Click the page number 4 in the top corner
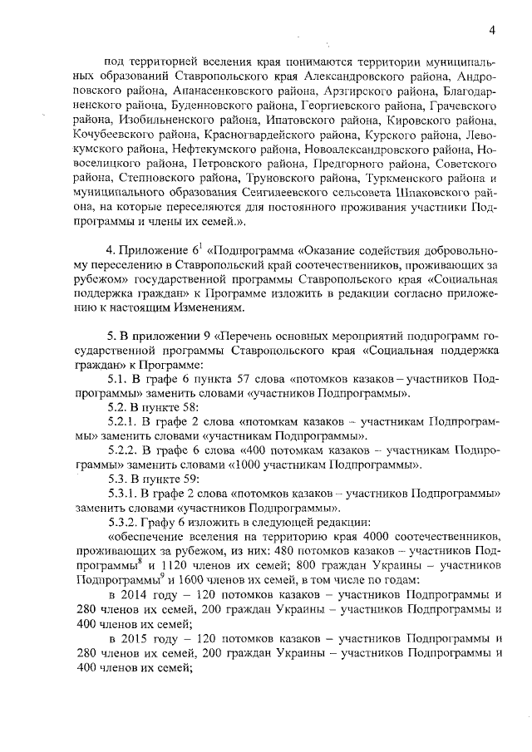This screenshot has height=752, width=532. pos(492,31)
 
